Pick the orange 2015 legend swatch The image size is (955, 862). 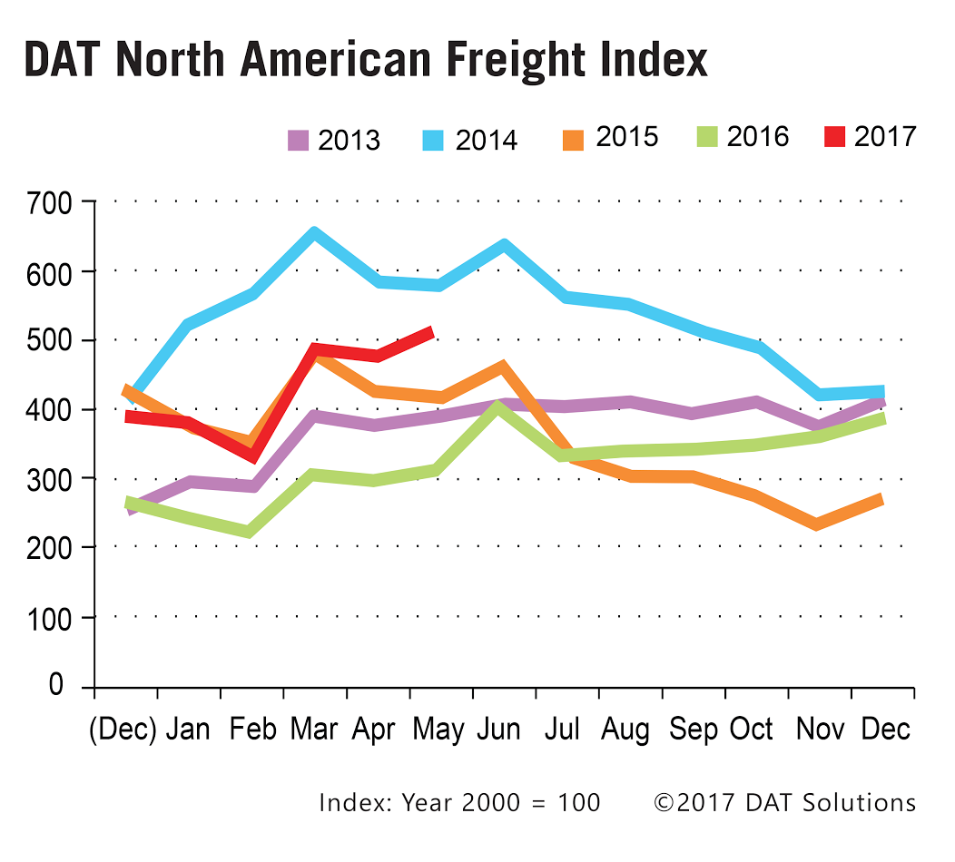tap(573, 138)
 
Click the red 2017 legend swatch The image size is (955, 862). tap(834, 138)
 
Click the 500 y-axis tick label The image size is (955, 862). tap(50, 340)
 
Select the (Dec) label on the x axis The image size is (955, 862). tap(123, 729)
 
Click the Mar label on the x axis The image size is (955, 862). tap(313, 729)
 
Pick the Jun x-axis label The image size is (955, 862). tap(500, 729)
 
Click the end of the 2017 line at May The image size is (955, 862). tap(431, 333)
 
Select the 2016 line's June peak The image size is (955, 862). tap(497, 407)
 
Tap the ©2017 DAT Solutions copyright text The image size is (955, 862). tap(784, 803)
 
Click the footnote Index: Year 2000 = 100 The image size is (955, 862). tap(459, 803)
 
